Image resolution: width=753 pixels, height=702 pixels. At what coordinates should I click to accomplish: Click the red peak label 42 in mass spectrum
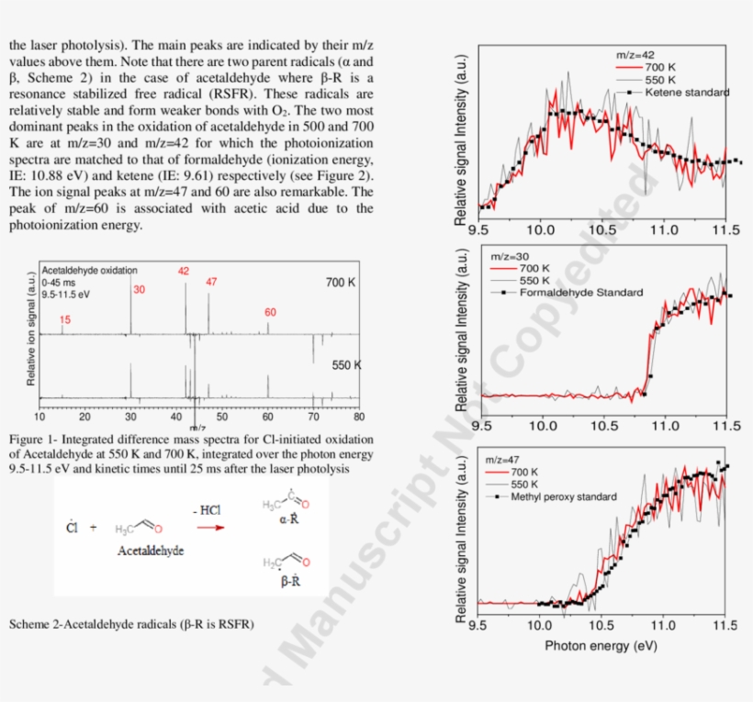pos(184,271)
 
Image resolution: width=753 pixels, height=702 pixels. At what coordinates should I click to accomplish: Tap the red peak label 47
pos(211,282)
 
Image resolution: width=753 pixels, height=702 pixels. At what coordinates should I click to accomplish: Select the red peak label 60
pos(270,312)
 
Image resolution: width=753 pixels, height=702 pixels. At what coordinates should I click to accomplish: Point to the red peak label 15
pos(65,320)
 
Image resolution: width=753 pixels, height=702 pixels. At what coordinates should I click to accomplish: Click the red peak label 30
pos(139,290)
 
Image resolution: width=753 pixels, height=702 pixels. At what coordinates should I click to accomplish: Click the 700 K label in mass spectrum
pos(340,283)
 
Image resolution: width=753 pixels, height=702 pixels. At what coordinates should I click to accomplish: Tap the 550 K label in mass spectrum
pos(346,365)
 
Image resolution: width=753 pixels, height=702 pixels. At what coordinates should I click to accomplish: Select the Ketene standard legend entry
pos(686,92)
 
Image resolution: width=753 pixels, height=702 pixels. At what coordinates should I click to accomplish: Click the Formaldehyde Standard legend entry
pos(580,293)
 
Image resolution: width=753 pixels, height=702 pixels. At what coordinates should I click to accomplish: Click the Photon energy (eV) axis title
pos(601,645)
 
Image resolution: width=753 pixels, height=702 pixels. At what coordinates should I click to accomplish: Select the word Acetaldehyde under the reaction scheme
pos(150,551)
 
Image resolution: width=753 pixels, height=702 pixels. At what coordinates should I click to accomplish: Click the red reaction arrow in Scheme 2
pos(210,528)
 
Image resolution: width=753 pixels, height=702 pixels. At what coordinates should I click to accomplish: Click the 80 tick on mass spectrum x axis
pos(357,417)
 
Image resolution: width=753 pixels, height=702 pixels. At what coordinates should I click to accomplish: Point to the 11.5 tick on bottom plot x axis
pos(725,626)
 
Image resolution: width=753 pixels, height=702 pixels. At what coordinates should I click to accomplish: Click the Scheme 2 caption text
pos(131,625)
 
